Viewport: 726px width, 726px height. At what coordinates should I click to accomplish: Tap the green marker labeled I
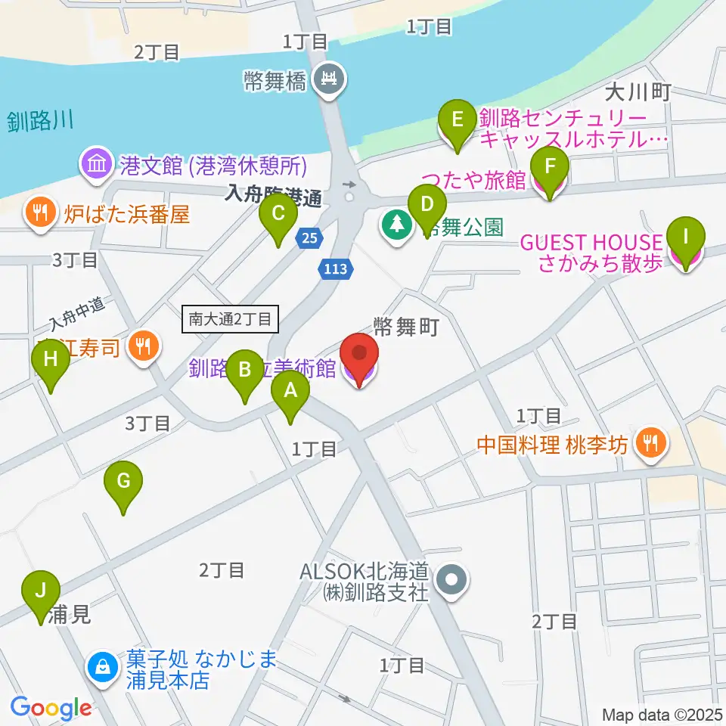click(x=686, y=244)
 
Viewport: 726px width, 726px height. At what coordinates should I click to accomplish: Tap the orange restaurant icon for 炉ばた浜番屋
click(x=39, y=214)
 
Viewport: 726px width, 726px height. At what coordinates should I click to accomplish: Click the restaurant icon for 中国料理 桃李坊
click(x=649, y=442)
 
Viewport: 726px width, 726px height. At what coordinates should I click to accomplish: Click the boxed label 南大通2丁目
click(x=231, y=319)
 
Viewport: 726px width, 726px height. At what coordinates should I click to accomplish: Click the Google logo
click(x=51, y=707)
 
